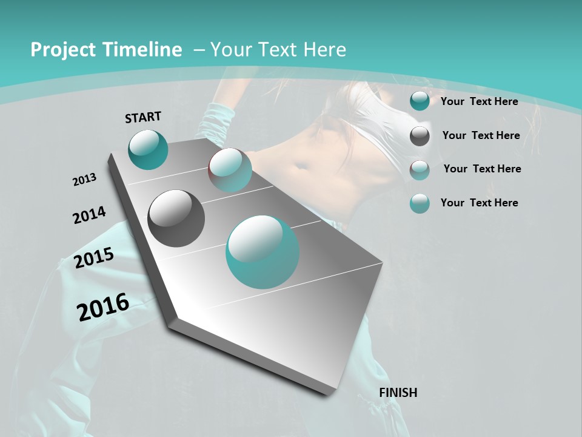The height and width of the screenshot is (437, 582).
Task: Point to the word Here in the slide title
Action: click(324, 50)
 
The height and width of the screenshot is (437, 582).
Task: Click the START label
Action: click(143, 117)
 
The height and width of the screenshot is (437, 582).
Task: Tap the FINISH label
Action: click(398, 393)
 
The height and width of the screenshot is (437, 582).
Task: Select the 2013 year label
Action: click(84, 180)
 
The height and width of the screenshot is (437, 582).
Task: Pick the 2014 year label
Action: click(89, 215)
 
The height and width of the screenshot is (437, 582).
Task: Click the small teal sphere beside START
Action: click(148, 149)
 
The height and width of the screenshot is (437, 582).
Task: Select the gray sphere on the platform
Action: click(176, 218)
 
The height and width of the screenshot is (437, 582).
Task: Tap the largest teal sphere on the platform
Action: click(262, 252)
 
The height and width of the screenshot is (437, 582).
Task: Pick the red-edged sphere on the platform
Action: click(230, 170)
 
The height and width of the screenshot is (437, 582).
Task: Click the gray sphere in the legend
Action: click(420, 136)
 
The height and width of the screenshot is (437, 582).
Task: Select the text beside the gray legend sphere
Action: click(481, 135)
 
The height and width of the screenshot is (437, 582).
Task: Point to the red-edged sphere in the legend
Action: click(420, 170)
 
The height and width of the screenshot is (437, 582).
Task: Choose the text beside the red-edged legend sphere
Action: click(482, 169)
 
